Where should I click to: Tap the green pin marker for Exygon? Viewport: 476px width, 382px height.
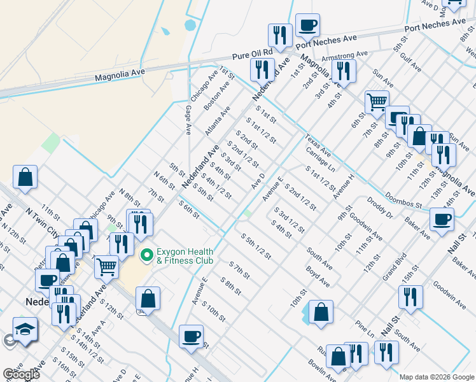(146, 256)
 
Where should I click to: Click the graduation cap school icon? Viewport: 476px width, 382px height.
(25, 330)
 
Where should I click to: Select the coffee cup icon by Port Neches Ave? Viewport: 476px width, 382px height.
(307, 26)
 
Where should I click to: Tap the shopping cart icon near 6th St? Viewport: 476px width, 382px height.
(377, 101)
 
